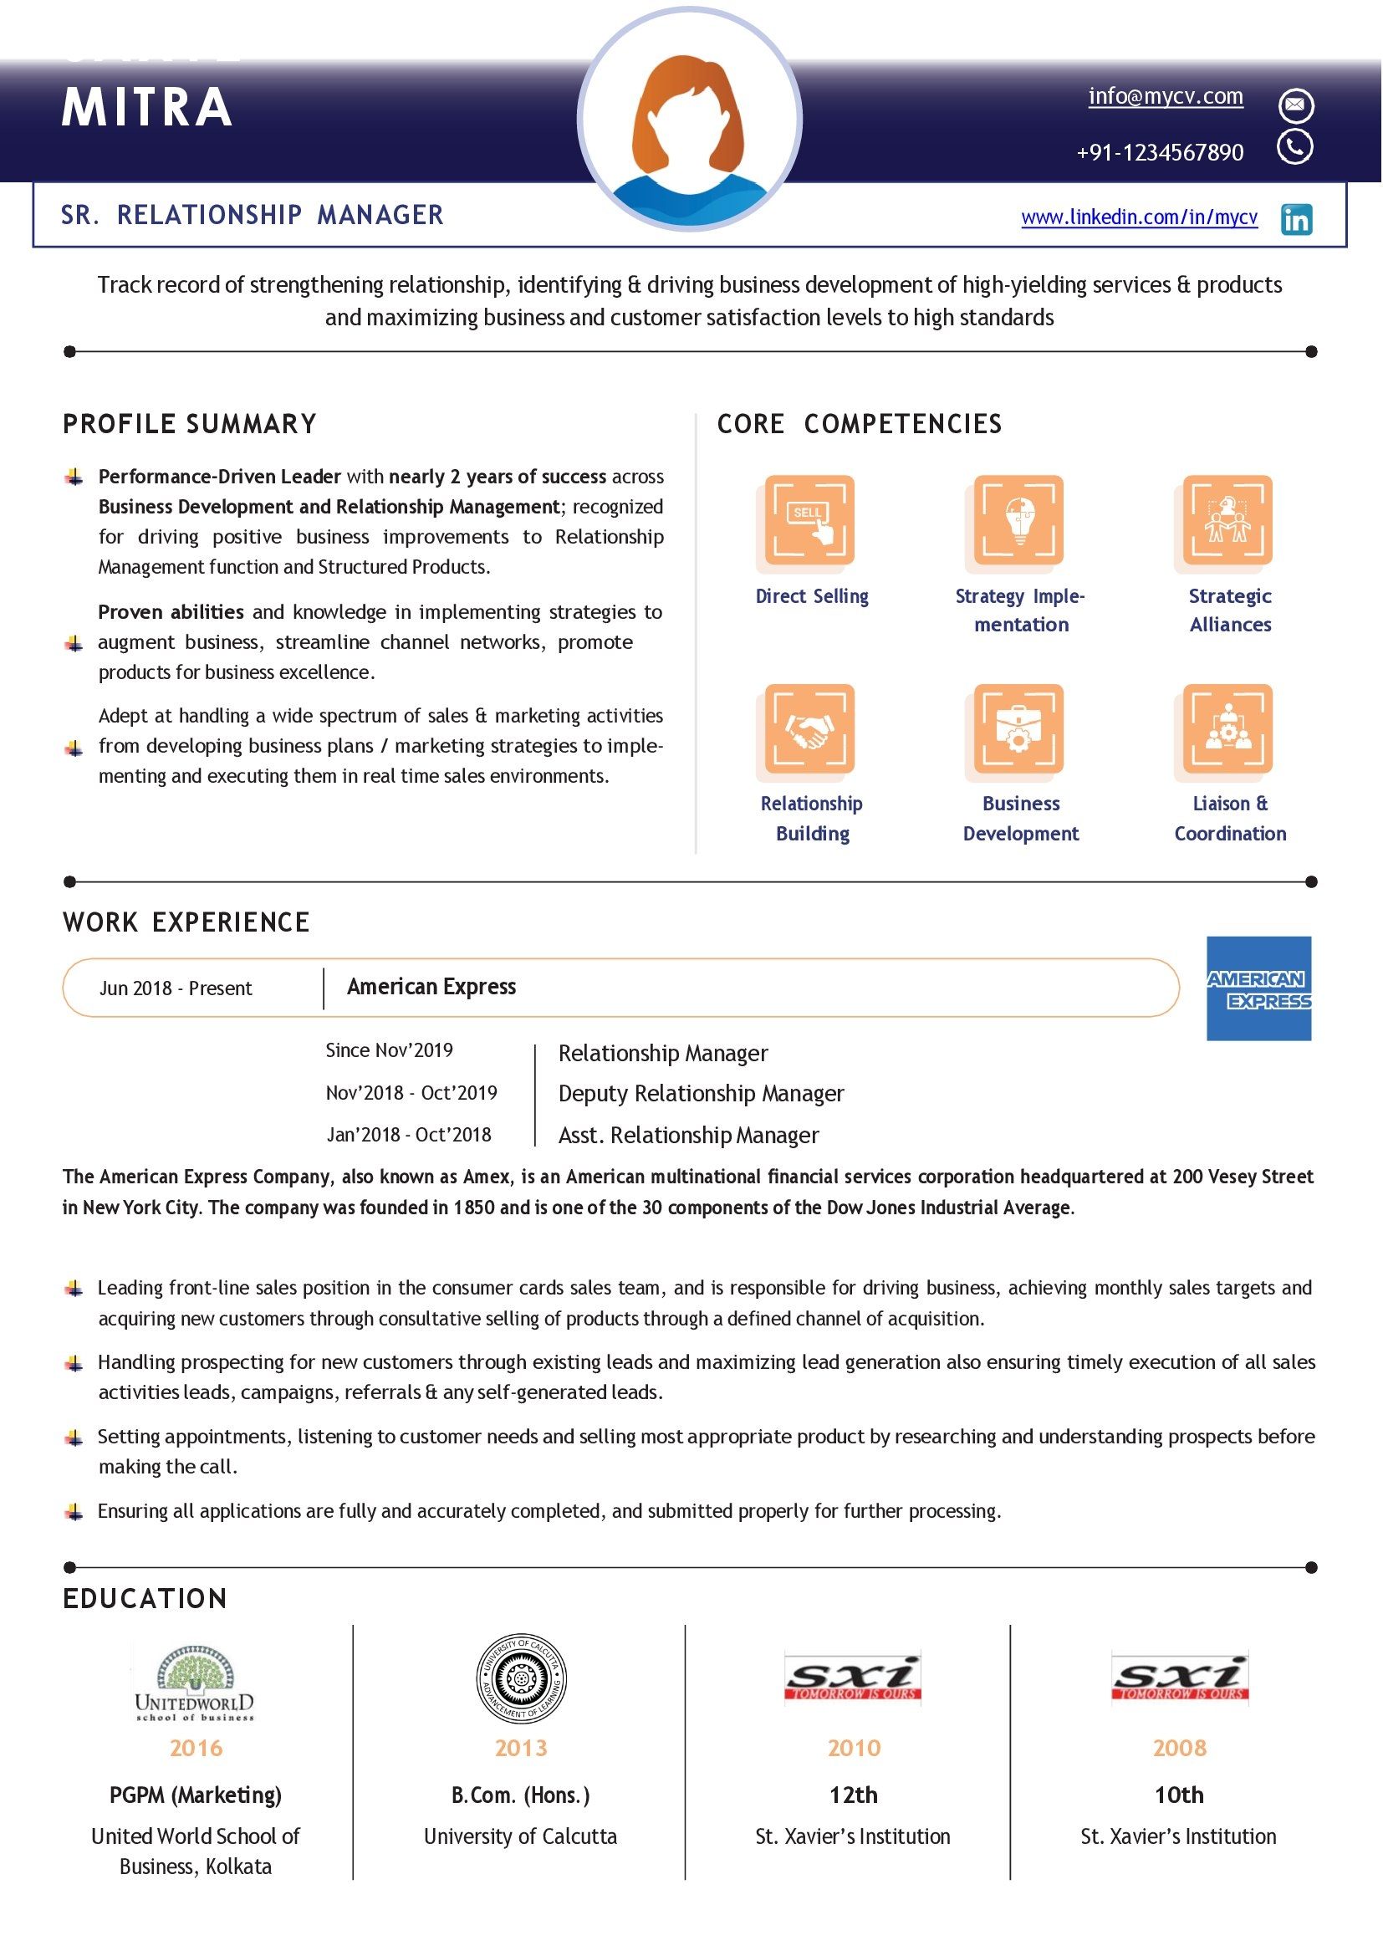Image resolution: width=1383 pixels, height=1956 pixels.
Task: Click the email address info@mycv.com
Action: (1165, 96)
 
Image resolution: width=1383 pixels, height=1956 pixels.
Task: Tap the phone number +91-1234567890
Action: (1159, 152)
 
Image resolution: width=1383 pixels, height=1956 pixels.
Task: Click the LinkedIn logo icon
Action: (1295, 219)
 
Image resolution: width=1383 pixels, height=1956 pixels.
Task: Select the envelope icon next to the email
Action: (1295, 105)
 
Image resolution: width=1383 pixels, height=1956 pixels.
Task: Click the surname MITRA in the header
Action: (146, 107)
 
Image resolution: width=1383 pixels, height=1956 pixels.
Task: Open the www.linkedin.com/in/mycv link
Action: (1139, 217)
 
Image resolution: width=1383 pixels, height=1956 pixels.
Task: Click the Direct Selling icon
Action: (809, 519)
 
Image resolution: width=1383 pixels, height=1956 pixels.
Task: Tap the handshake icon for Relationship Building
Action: (809, 728)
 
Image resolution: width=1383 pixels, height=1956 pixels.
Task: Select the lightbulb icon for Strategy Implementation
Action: (1018, 519)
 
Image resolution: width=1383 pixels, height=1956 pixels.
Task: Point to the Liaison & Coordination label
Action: (1230, 818)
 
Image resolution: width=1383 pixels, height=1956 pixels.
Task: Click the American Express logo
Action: (1258, 988)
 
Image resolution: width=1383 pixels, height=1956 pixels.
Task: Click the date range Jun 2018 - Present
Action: (176, 988)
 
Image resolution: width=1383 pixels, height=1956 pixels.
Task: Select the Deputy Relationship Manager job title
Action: (700, 1093)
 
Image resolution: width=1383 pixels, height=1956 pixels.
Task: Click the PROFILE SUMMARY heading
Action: (189, 423)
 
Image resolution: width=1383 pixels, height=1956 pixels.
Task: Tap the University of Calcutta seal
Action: (520, 1679)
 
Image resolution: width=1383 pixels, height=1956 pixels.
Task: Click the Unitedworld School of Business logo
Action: (195, 1683)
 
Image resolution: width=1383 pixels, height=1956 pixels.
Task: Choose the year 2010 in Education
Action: (854, 1748)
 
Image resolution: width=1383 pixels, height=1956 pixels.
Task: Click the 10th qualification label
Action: (1179, 1795)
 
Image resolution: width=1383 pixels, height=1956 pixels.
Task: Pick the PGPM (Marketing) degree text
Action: (195, 1795)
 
